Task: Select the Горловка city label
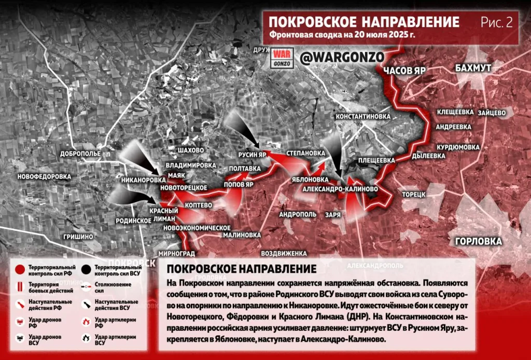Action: (x=478, y=241)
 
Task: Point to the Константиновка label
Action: (x=362, y=117)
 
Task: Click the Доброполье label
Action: (x=80, y=154)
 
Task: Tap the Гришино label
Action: (x=78, y=237)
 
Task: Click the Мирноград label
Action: (x=177, y=254)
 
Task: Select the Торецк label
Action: (x=413, y=194)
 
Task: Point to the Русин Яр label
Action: (x=252, y=155)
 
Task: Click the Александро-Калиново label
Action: (x=340, y=189)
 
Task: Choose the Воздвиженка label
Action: (x=284, y=254)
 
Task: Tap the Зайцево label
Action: (x=492, y=112)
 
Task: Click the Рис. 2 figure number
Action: (x=496, y=22)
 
